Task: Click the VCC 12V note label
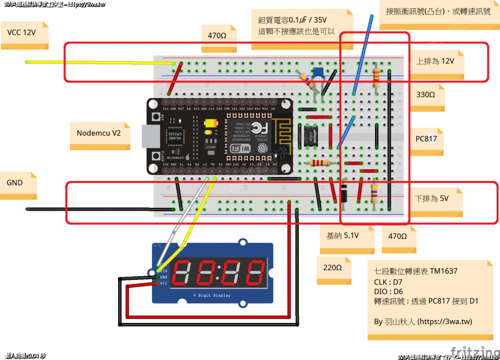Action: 21,33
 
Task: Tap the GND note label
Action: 15,183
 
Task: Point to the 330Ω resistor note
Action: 425,95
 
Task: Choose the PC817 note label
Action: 426,139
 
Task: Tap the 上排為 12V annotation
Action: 435,61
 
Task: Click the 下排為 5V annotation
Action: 431,199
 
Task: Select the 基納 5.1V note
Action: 342,236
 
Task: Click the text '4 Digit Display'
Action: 212,296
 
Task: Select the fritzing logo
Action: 472,352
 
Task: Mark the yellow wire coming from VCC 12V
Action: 98,62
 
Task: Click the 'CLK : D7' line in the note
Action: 389,281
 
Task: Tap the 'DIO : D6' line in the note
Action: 388,291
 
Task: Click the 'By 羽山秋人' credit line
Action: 423,322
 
